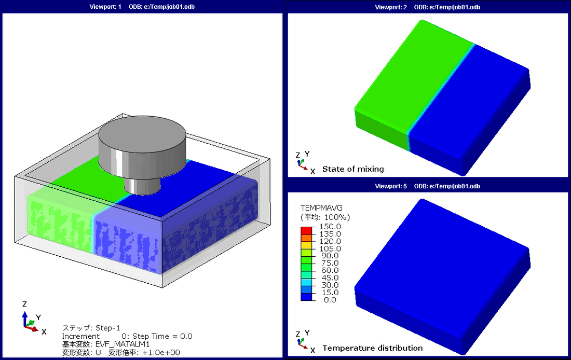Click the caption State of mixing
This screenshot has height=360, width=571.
click(353, 169)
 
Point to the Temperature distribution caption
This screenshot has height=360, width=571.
click(373, 348)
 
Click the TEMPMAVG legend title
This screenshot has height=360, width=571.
click(321, 208)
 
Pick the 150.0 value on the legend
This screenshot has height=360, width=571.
click(330, 226)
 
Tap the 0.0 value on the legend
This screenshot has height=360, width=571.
click(330, 300)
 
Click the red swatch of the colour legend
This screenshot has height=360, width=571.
click(307, 230)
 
